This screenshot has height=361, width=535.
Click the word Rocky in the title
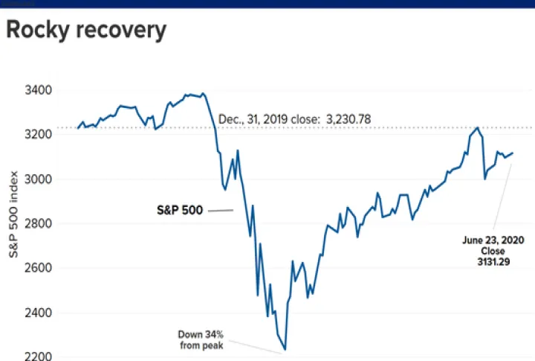(39, 31)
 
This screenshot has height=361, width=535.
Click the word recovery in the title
(121, 31)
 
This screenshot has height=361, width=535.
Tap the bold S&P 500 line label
(178, 211)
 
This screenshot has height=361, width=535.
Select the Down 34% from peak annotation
(201, 339)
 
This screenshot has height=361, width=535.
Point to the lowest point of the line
(285, 350)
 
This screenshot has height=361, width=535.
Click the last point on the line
(513, 153)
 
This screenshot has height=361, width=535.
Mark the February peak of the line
(203, 94)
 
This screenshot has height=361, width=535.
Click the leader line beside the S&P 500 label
(220, 211)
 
